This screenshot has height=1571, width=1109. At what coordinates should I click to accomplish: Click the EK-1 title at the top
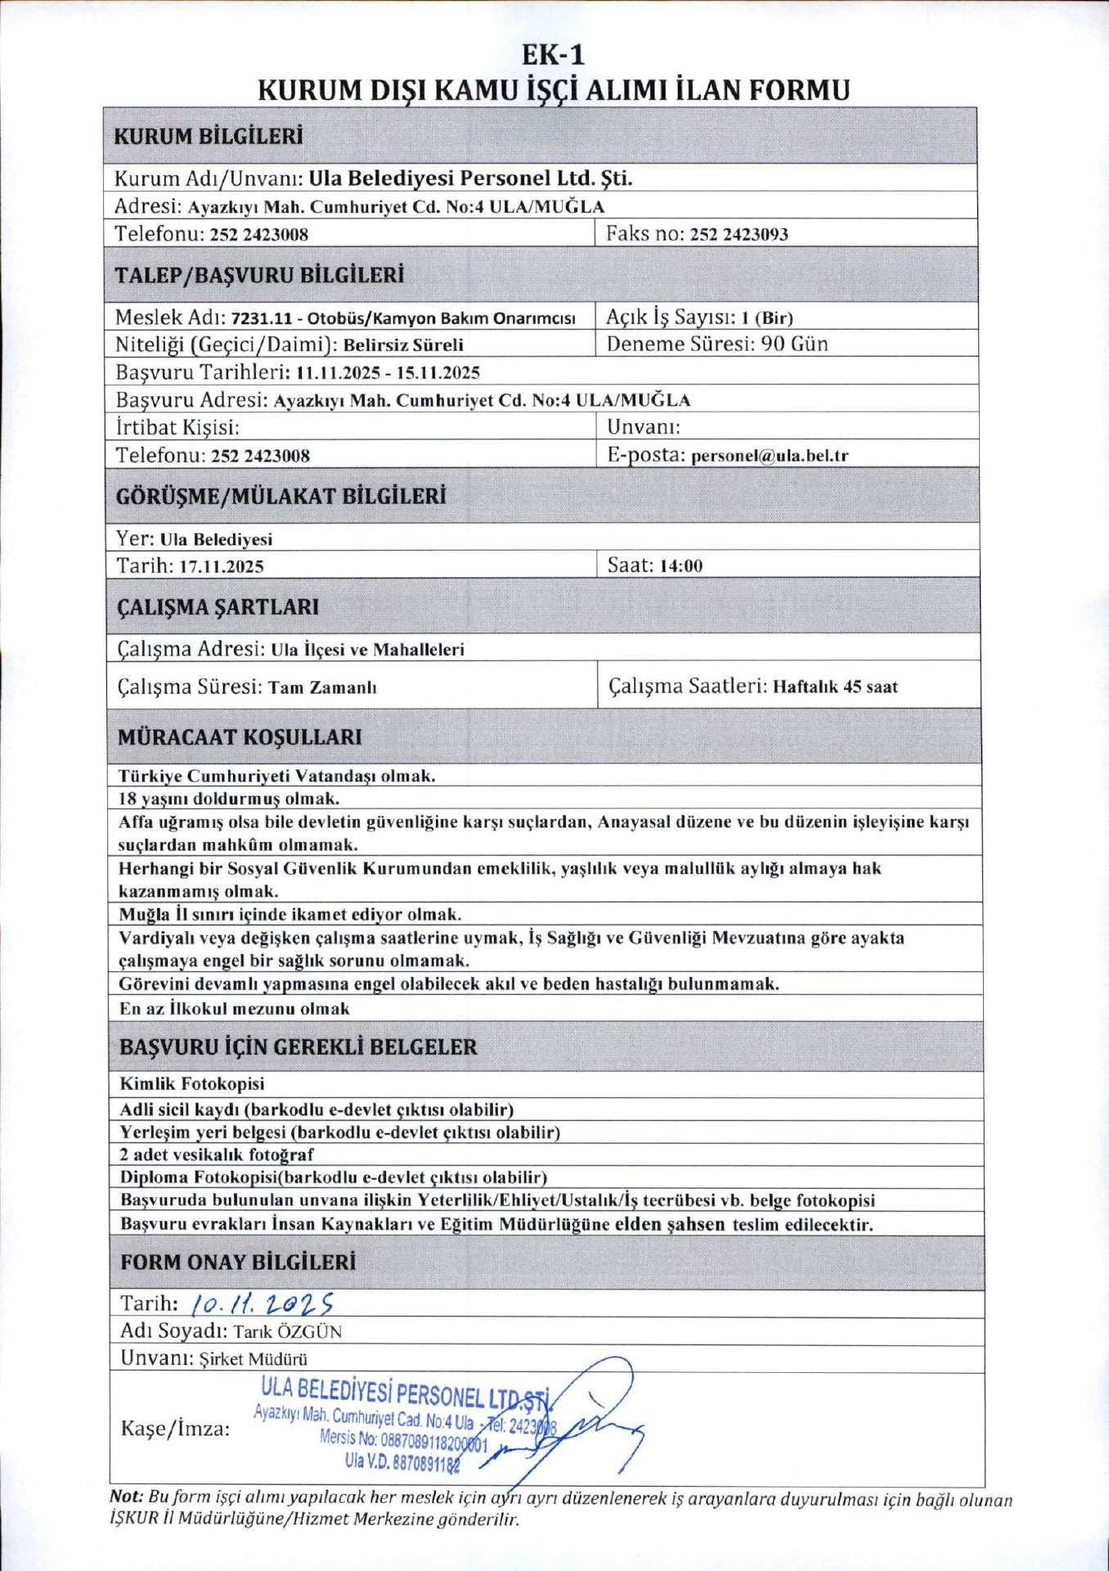click(x=554, y=55)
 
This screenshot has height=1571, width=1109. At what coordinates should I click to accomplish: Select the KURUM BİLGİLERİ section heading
click(x=208, y=136)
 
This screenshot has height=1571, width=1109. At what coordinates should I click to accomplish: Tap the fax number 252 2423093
click(x=739, y=235)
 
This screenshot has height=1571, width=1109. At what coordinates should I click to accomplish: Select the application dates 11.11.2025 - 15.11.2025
click(x=388, y=373)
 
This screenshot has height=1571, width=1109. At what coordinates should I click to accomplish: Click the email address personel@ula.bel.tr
click(x=770, y=456)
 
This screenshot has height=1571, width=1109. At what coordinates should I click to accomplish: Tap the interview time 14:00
click(x=680, y=566)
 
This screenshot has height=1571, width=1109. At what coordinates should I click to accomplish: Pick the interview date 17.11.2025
click(x=221, y=566)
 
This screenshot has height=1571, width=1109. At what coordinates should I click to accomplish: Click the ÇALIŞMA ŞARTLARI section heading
click(x=218, y=607)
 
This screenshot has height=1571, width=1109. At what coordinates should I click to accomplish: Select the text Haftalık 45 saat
click(x=835, y=687)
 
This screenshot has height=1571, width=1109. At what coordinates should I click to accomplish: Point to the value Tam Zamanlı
click(x=322, y=688)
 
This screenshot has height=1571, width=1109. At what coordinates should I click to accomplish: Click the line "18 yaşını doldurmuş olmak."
click(x=229, y=799)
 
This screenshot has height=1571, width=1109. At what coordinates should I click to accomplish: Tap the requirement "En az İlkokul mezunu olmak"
click(x=234, y=1009)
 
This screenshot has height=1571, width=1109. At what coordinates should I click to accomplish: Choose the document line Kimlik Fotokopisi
click(x=192, y=1084)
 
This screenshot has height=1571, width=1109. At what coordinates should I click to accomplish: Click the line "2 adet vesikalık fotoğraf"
click(x=217, y=1155)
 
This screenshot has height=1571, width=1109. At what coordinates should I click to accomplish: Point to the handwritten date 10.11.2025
click(x=260, y=1303)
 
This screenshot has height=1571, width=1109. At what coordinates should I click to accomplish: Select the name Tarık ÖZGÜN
click(x=287, y=1331)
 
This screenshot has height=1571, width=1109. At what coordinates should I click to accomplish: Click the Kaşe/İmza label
click(x=175, y=1429)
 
